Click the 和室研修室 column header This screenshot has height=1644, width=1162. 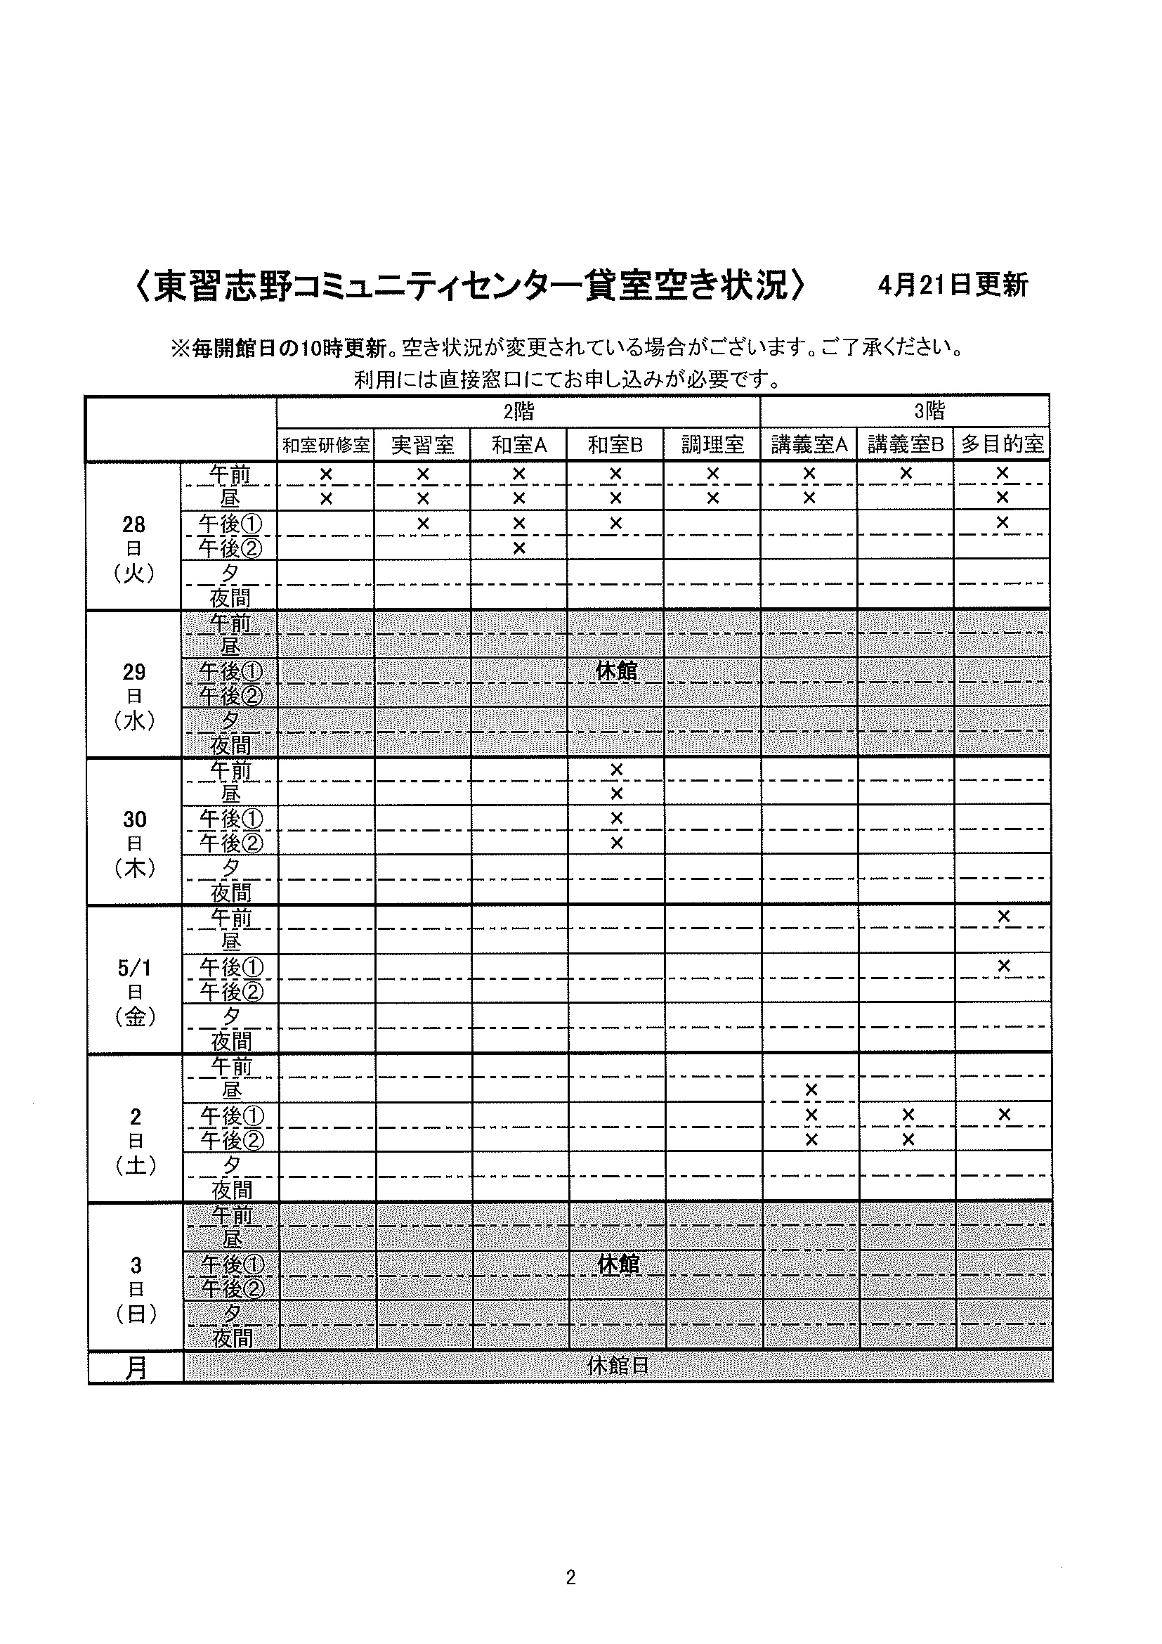(325, 445)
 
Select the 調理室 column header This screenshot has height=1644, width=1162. (712, 445)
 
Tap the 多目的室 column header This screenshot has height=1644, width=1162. (1002, 444)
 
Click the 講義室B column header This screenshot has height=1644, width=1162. (905, 445)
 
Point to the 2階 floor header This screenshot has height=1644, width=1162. (518, 411)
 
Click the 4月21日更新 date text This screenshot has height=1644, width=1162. (953, 285)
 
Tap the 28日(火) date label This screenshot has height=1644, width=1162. (133, 548)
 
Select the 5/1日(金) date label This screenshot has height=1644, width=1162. (135, 992)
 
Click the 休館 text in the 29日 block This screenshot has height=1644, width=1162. (616, 671)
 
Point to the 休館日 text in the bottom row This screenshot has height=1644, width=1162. (618, 1366)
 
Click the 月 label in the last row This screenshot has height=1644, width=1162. (136, 1367)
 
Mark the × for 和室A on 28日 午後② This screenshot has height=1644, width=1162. (519, 548)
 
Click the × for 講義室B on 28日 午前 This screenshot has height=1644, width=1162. (906, 473)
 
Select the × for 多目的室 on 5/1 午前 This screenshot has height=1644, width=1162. (1003, 917)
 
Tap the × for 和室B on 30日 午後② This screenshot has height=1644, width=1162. (617, 843)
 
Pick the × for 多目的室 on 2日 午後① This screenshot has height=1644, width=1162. (1004, 1114)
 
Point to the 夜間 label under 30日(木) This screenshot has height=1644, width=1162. (230, 892)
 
